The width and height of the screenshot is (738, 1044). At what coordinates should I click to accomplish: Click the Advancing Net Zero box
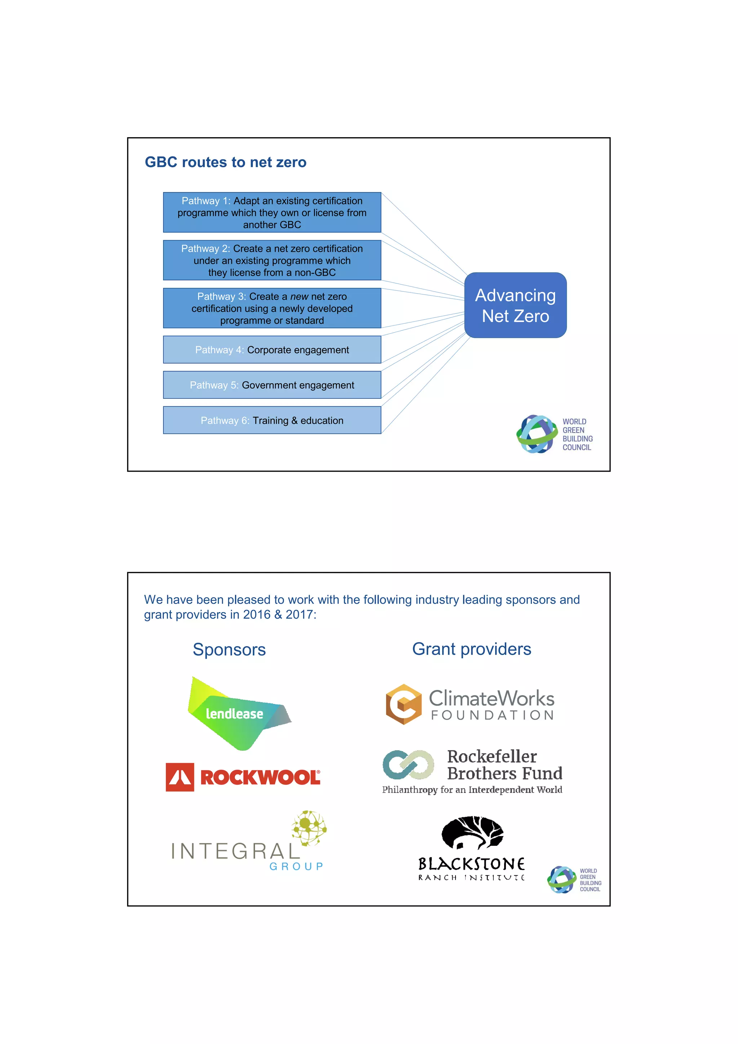[x=515, y=305]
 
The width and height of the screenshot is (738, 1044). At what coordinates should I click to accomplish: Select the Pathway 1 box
[x=272, y=212]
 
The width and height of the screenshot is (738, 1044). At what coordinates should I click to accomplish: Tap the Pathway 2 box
[x=272, y=260]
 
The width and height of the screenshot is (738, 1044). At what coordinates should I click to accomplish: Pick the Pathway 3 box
[x=272, y=308]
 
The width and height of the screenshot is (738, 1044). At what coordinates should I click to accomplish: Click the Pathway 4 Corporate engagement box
[x=272, y=350]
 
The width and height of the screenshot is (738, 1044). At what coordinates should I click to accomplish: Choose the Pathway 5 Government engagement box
[x=272, y=385]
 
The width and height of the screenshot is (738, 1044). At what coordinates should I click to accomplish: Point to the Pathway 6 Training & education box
[x=272, y=420]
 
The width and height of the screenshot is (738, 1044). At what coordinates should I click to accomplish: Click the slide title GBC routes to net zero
[x=226, y=162]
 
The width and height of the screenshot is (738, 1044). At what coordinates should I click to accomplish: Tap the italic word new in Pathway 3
[x=299, y=296]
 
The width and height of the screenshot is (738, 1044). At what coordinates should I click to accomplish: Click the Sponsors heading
[x=229, y=649]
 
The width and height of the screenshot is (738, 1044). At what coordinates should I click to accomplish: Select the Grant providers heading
[x=472, y=649]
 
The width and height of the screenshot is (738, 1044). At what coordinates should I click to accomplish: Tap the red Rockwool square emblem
[x=180, y=777]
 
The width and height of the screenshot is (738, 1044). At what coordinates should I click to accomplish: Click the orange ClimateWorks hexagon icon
[x=403, y=704]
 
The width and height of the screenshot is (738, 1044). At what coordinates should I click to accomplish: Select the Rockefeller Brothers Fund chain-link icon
[x=408, y=764]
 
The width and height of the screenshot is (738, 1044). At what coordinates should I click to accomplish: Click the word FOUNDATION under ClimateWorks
[x=493, y=715]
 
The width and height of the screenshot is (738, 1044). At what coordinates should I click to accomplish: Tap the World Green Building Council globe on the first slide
[x=537, y=434]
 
